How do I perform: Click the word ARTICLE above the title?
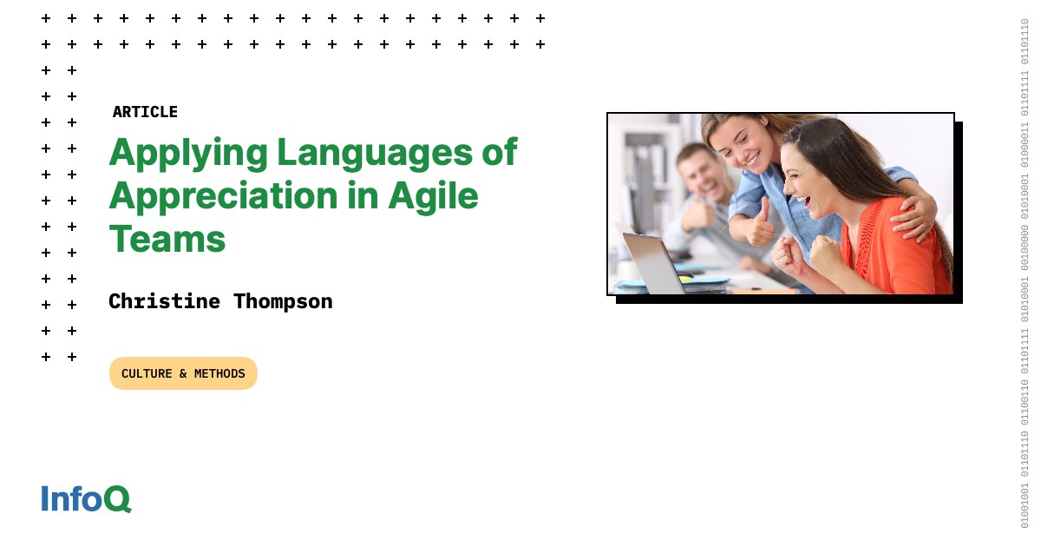click(145, 112)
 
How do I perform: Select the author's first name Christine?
click(165, 301)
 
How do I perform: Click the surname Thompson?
click(283, 301)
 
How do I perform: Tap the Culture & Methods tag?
click(183, 373)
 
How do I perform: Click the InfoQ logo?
click(86, 498)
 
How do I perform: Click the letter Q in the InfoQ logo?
click(117, 498)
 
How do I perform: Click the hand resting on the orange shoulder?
click(911, 213)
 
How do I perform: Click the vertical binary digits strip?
click(1025, 273)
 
